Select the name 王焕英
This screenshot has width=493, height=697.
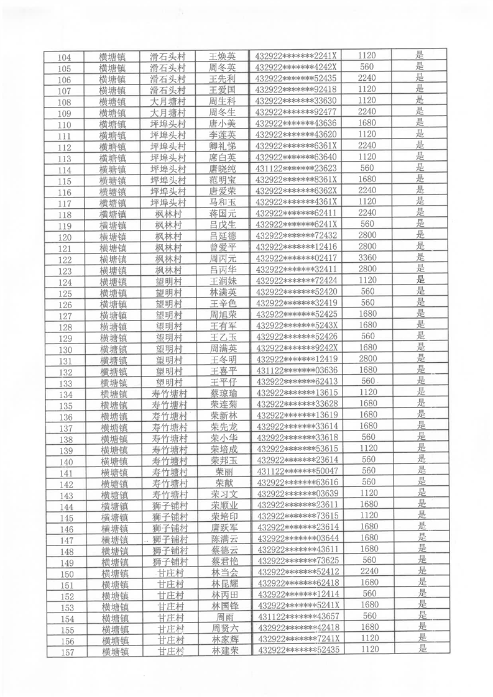222,57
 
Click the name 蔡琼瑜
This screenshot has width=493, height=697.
224,393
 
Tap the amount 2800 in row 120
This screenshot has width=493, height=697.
368,235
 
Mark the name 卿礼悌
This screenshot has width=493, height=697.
223,146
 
